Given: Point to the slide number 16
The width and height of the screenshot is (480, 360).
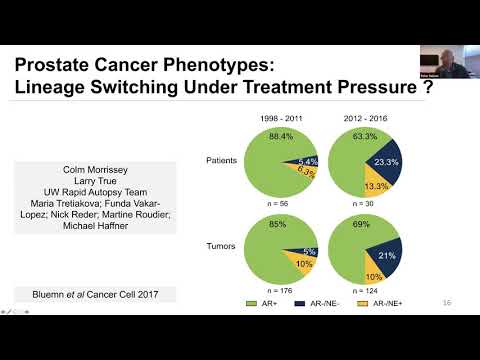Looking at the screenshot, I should pyautogui.click(x=447, y=301).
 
